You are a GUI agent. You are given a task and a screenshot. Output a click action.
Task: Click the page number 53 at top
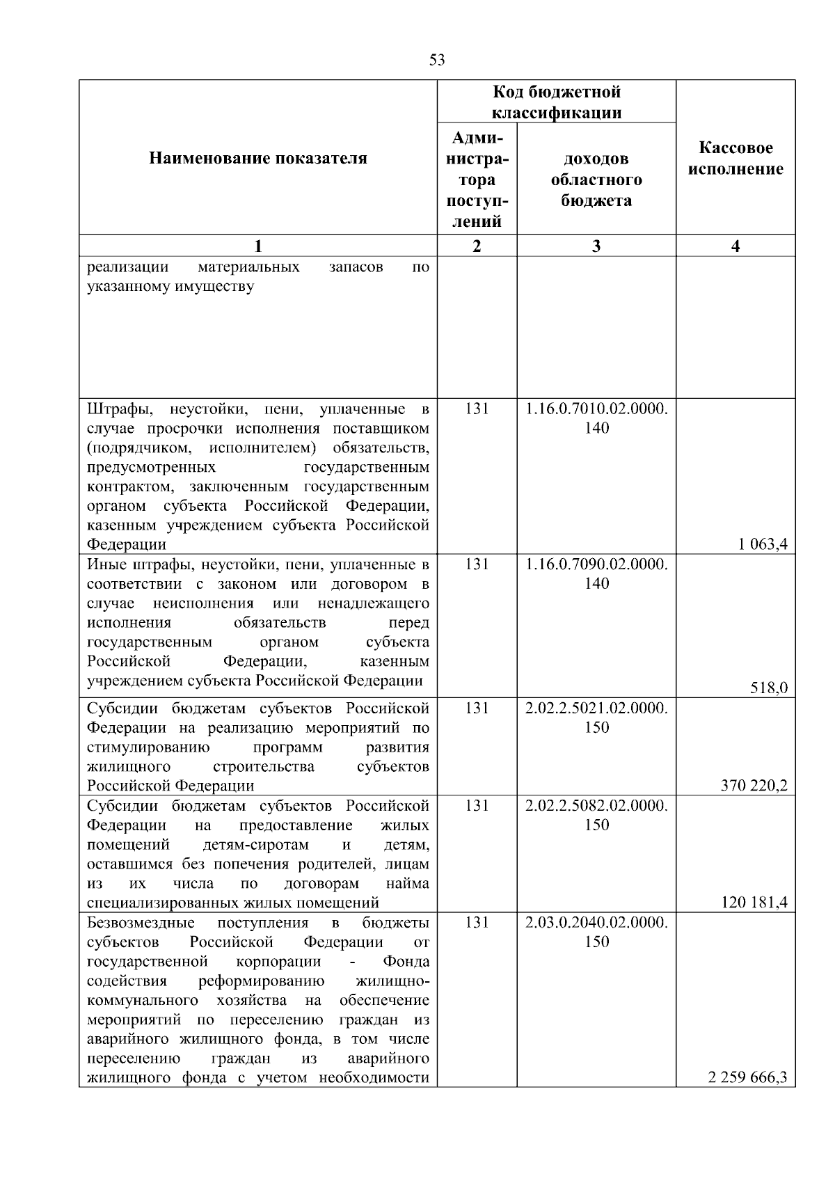point(437,60)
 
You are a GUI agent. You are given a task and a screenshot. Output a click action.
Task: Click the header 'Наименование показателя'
point(258,159)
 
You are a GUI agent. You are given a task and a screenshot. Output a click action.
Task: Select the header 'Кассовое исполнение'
point(735,159)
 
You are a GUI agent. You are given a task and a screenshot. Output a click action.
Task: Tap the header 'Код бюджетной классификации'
point(557,102)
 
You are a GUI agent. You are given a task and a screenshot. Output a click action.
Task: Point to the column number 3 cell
point(596,246)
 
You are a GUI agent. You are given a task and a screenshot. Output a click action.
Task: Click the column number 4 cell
point(735,246)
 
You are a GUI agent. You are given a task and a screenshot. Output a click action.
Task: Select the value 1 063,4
point(763,544)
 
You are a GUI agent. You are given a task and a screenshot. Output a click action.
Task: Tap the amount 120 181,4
point(754,903)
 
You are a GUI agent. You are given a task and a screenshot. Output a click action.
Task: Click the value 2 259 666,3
point(747,1097)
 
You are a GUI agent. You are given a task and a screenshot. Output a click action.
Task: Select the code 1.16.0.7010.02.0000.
point(596,409)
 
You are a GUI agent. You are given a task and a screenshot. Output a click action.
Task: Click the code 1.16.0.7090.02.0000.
point(596,564)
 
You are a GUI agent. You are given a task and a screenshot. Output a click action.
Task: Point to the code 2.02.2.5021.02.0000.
point(596,708)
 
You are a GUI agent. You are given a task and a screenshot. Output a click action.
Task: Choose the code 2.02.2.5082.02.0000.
point(596,806)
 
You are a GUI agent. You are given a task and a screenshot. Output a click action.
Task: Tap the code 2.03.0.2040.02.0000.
point(596,923)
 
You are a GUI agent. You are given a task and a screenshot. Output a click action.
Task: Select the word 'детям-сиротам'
point(255,845)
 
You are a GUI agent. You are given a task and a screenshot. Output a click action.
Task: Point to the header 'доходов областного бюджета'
point(596,180)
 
